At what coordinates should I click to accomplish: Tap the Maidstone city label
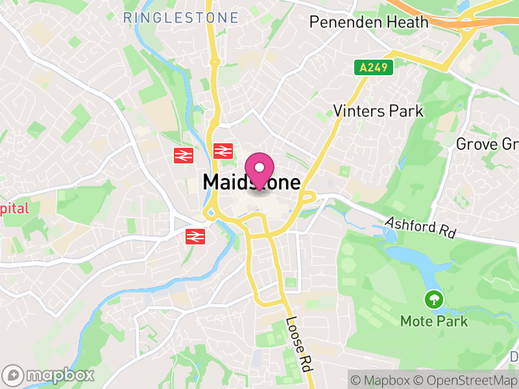[x=252, y=182]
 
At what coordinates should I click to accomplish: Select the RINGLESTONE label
[x=180, y=18]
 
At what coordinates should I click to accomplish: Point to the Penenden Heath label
[x=368, y=21]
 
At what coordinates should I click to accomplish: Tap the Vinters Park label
[x=378, y=111]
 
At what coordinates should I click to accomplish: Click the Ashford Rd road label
[x=420, y=227]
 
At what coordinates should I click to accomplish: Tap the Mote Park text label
[x=434, y=321]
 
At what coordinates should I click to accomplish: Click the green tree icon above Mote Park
[x=433, y=300]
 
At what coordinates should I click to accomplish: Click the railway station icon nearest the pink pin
[x=223, y=152]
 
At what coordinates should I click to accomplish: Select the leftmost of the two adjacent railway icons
[x=184, y=155]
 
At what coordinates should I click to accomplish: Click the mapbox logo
[x=49, y=375]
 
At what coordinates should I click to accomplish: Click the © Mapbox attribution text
[x=383, y=380]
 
